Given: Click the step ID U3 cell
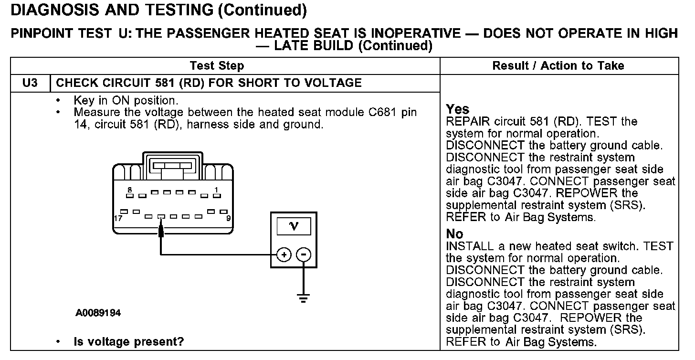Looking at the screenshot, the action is click(x=30, y=83).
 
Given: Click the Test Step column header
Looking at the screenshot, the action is click(x=217, y=66).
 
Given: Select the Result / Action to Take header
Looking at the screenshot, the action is click(x=558, y=66).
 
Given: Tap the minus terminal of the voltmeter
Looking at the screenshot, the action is click(x=304, y=254).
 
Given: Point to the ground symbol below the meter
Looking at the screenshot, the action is click(x=303, y=298).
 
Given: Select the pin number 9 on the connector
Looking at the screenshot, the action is click(x=228, y=218).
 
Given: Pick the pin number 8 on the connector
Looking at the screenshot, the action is click(x=129, y=190).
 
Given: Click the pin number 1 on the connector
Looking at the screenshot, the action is click(x=217, y=190).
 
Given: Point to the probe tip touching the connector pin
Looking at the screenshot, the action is click(x=161, y=232).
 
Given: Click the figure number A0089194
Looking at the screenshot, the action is click(x=98, y=313).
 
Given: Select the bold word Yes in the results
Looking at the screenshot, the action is click(x=457, y=109).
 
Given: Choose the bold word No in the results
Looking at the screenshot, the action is click(x=454, y=234).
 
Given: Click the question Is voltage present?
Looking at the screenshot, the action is click(x=129, y=342).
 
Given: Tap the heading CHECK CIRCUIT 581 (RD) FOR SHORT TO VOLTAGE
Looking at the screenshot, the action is click(x=209, y=83).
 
